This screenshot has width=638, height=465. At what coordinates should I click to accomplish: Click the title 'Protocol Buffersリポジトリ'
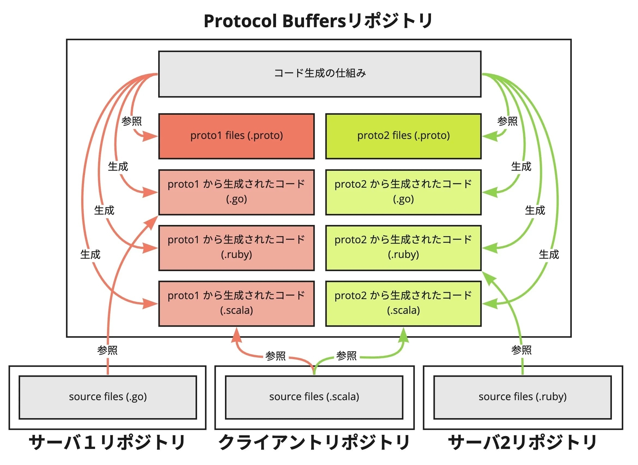tap(318, 21)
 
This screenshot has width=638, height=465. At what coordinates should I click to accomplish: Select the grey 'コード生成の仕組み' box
tap(320, 74)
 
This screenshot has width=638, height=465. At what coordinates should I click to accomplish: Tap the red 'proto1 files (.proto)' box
tap(236, 136)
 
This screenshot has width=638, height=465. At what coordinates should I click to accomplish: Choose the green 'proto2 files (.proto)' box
tap(403, 136)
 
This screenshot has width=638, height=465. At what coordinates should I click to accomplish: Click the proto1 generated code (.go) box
tap(236, 192)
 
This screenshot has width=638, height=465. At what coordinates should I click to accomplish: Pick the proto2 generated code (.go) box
tap(403, 192)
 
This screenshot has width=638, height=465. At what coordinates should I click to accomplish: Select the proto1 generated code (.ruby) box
tap(236, 248)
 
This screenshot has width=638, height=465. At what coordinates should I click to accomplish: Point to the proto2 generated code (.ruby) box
tap(403, 248)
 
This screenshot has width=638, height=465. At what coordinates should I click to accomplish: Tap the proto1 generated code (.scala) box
tap(236, 303)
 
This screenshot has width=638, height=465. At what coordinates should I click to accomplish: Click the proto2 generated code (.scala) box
tap(403, 303)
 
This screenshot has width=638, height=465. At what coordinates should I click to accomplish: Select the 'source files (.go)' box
tap(108, 397)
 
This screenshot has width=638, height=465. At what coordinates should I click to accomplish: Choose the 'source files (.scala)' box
tap(314, 397)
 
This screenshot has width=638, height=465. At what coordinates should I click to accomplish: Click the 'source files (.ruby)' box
tap(522, 397)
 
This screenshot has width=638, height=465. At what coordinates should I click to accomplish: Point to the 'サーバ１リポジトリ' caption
tap(107, 443)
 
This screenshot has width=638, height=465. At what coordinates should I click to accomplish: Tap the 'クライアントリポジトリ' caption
tap(314, 443)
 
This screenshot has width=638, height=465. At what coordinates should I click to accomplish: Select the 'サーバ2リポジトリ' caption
tap(522, 443)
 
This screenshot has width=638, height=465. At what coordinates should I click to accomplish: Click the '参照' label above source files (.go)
tap(107, 350)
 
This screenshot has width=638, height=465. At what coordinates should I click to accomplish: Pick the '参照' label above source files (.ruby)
tap(521, 350)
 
